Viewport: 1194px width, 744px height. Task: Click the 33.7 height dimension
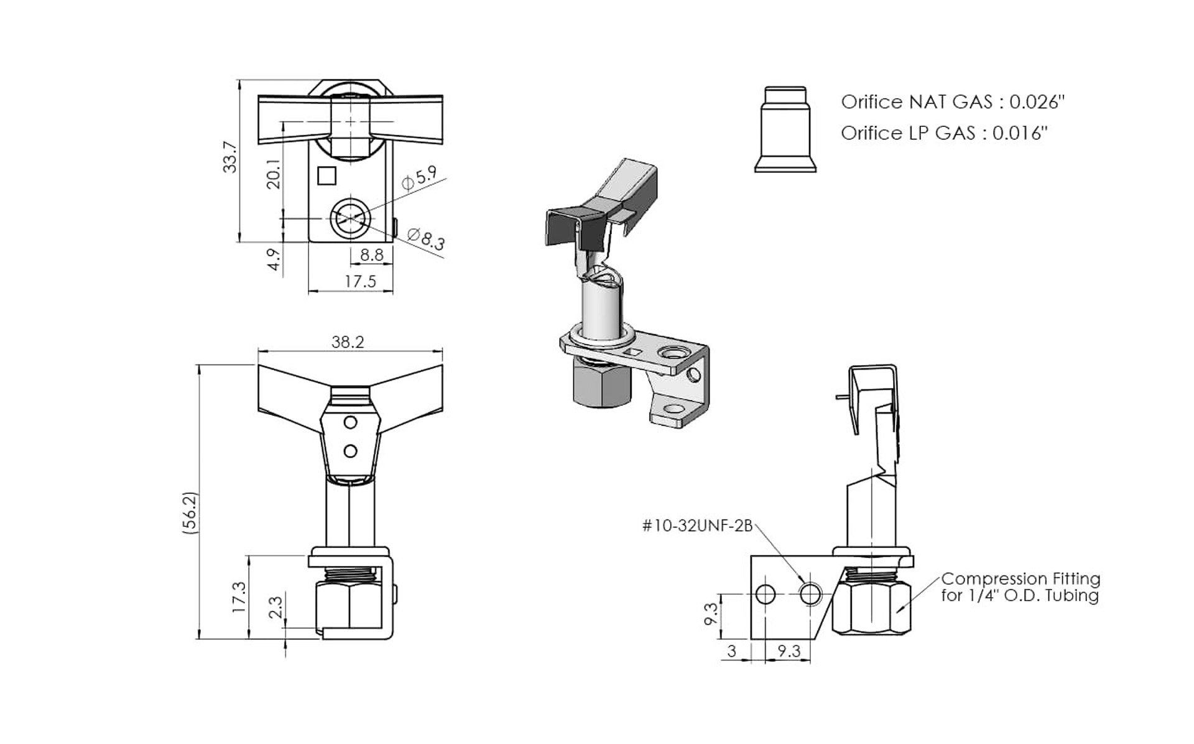click(230, 157)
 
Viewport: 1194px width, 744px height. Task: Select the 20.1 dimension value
click(274, 174)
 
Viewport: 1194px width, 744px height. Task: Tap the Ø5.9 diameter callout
click(419, 179)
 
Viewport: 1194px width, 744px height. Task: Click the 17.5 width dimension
click(360, 281)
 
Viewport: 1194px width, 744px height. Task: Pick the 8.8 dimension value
click(372, 254)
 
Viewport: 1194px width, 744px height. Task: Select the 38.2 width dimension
click(348, 342)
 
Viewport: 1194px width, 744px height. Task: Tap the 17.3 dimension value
click(239, 597)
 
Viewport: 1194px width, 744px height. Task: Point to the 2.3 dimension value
click(275, 607)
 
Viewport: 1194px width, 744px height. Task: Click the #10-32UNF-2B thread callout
click(697, 526)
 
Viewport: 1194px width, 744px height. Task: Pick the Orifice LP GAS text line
click(944, 133)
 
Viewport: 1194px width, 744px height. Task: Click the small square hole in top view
click(326, 175)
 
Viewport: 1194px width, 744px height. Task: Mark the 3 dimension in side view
click(732, 651)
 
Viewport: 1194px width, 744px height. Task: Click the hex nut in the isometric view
click(601, 384)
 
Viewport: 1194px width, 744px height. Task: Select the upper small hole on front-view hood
click(350, 422)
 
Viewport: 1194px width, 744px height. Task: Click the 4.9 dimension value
click(274, 259)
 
